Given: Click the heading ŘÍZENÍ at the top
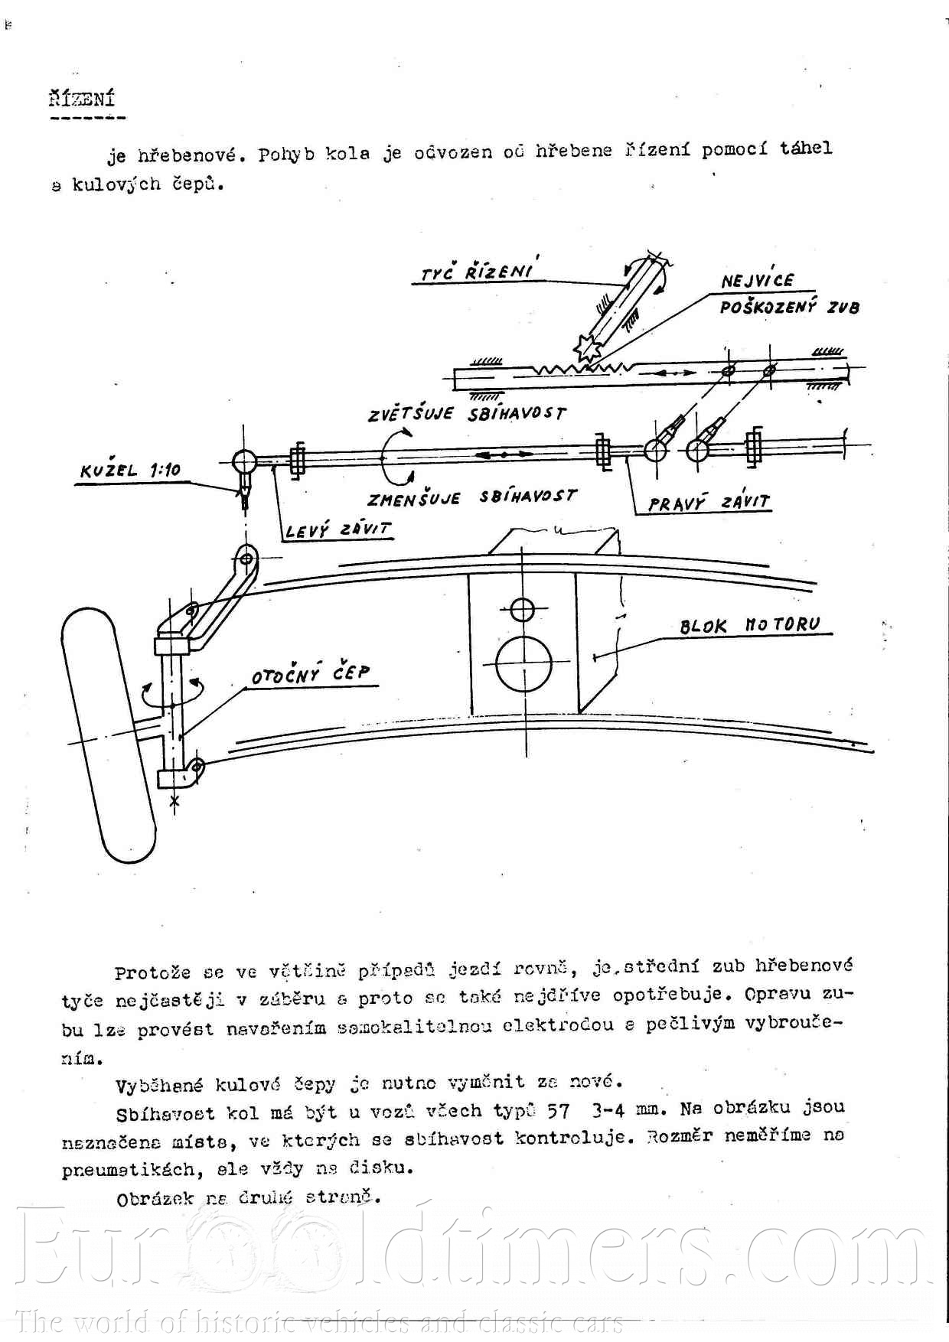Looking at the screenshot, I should [82, 99].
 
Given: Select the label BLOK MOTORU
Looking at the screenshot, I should [749, 625].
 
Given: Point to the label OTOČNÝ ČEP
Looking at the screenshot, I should [311, 675].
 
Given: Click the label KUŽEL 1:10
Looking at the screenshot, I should [130, 470].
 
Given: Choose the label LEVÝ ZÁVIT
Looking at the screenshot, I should [338, 529].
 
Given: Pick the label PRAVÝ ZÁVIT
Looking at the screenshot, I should [709, 503].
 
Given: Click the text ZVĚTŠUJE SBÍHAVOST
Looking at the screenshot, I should [467, 414].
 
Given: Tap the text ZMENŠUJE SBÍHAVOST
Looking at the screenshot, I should [471, 497].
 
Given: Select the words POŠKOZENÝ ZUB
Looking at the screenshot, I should [789, 308].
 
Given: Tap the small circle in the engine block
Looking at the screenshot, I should [522, 610].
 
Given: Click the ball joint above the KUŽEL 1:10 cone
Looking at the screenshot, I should [244, 460].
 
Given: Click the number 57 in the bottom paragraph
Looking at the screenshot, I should [559, 1110].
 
